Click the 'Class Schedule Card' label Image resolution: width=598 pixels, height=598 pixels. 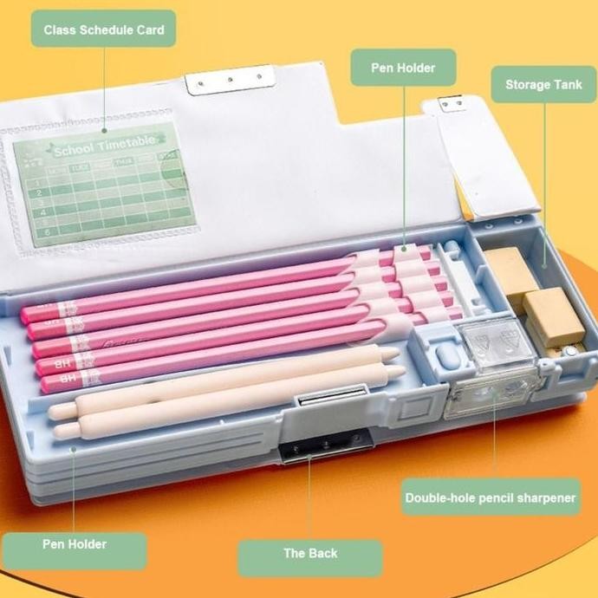103,29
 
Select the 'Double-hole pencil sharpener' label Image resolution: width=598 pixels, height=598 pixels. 491,497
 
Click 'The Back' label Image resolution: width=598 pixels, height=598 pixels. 310,553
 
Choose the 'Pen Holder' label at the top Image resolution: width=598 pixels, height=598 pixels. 402,67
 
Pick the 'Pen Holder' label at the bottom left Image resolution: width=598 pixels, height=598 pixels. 75,544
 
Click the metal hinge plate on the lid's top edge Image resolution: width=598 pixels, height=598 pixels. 230,81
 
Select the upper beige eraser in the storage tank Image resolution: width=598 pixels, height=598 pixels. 512,269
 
